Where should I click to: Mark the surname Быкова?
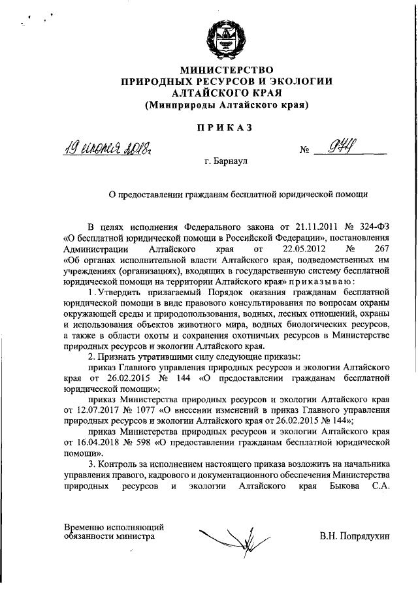click(x=338, y=487)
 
